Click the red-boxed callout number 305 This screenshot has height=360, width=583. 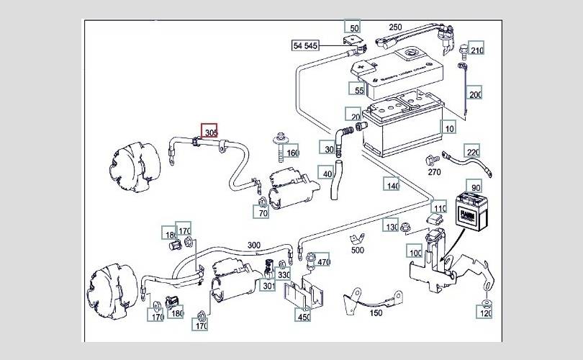(x=210, y=132)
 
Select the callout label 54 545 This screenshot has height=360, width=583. (x=305, y=45)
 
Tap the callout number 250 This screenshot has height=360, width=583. (x=395, y=27)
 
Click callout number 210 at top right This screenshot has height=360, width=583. (x=476, y=49)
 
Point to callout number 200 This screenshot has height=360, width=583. (x=475, y=94)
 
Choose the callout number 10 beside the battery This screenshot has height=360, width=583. (x=450, y=129)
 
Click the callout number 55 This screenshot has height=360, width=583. (x=358, y=90)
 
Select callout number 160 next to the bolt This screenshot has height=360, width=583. (x=292, y=153)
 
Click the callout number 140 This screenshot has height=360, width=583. (x=392, y=186)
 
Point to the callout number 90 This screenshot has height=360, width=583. (x=475, y=188)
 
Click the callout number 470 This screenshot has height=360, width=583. (x=323, y=262)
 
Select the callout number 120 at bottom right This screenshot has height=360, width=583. (x=486, y=312)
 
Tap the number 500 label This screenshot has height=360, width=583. (x=358, y=250)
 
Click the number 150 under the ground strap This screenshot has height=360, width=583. (x=376, y=312)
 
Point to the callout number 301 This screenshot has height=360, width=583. (x=268, y=286)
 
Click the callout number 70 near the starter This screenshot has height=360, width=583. (x=263, y=213)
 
